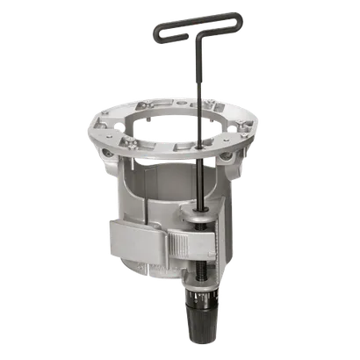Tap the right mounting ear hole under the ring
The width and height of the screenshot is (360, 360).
(x=231, y=159)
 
